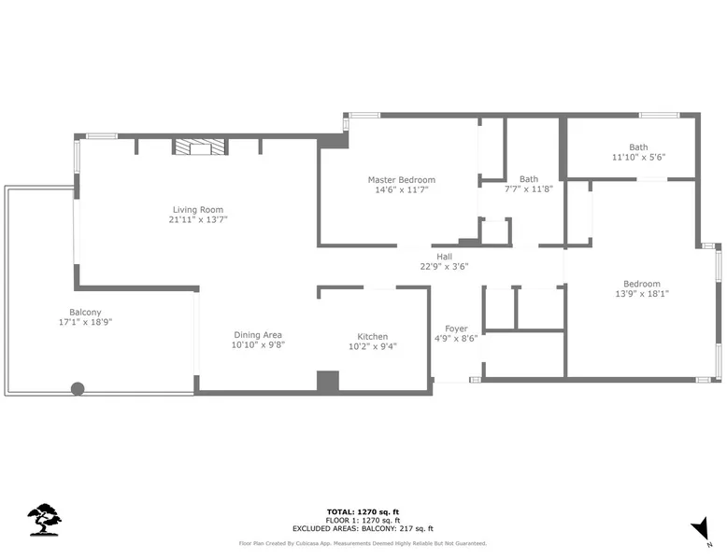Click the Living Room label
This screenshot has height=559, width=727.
coord(198,210)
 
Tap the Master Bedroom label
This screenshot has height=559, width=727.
coord(402,180)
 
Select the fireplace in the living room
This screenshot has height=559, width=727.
coord(200,147)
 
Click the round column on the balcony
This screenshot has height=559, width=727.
coord(78,388)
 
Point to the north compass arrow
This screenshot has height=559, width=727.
coord(701,529)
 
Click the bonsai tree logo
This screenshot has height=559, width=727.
coord(45,520)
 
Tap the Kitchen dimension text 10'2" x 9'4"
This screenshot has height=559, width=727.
coord(373,346)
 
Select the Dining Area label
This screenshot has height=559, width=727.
coord(258,335)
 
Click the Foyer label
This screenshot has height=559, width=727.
coord(456,328)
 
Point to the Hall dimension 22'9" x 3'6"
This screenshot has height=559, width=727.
coord(444,266)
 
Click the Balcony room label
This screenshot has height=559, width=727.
coord(85,312)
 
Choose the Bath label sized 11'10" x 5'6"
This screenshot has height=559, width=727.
coord(638,152)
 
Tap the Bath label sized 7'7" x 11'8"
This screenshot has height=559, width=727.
coord(529,184)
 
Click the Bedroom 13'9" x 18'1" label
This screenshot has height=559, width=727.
coord(642,288)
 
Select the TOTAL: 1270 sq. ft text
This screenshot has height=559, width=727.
coord(363,511)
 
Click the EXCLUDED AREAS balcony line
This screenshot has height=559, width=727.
coord(363,528)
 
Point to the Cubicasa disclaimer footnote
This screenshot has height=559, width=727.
coord(363,543)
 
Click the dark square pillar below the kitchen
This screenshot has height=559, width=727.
coord(328,382)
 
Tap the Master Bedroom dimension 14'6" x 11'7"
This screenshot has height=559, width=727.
coord(402,189)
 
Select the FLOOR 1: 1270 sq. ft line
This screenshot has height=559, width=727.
coord(363,520)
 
